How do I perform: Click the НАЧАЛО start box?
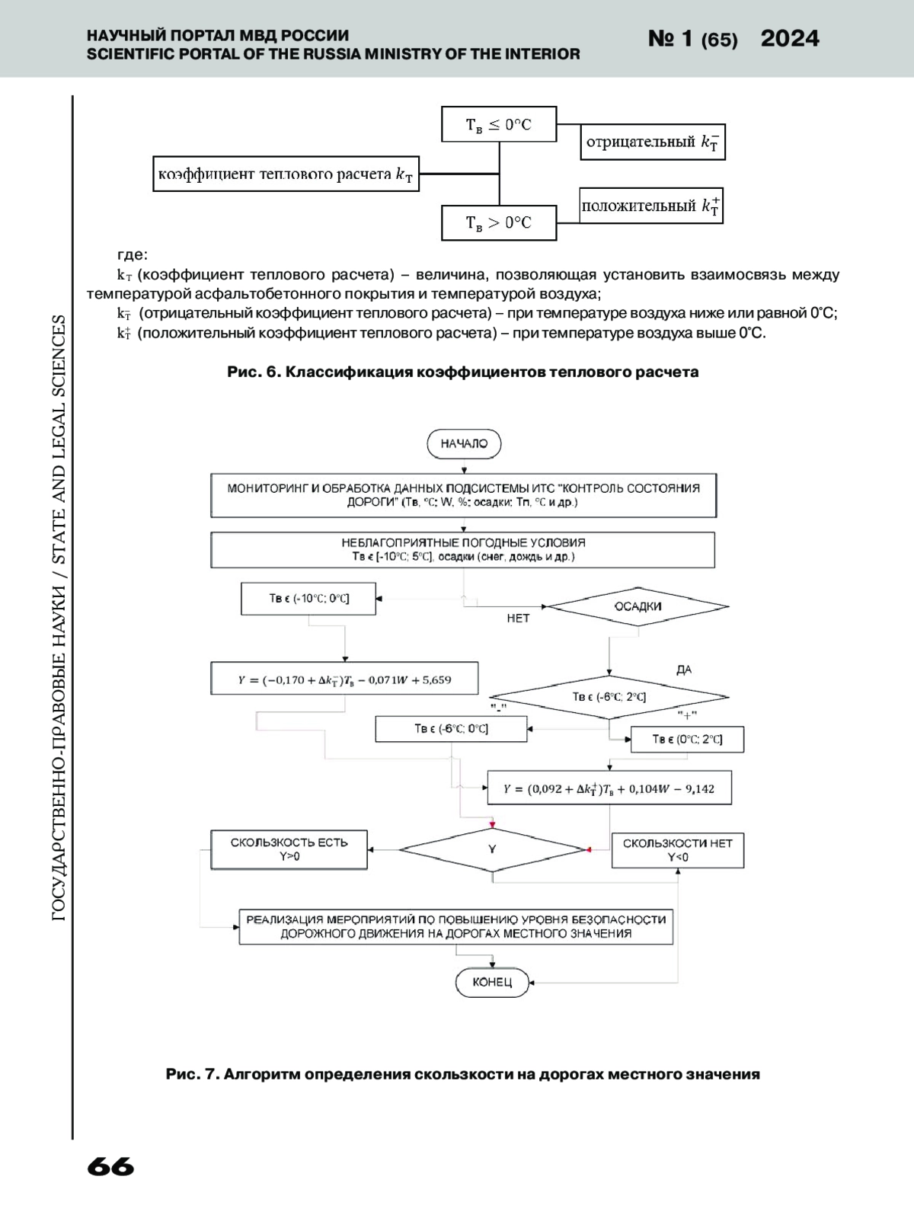[464, 444]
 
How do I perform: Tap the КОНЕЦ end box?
[492, 982]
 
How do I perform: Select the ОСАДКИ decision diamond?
[638, 607]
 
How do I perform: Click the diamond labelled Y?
[492, 849]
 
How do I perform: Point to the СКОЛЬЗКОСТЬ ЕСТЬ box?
[289, 849]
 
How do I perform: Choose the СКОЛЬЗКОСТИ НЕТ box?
[677, 850]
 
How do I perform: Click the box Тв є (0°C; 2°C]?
[687, 740]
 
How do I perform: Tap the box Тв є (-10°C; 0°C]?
[308, 599]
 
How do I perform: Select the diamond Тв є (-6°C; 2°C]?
[609, 696]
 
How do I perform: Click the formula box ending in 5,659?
[344, 679]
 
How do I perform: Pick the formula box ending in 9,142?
[609, 788]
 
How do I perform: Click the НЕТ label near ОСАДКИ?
[518, 619]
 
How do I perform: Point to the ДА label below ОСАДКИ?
[684, 670]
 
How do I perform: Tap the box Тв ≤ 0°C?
[499, 124]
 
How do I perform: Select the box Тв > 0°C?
[499, 222]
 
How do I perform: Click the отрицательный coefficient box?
[652, 142]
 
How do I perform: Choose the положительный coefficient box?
[650, 206]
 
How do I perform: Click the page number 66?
[110, 1167]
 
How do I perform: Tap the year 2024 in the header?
[790, 39]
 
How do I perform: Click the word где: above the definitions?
[132, 254]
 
